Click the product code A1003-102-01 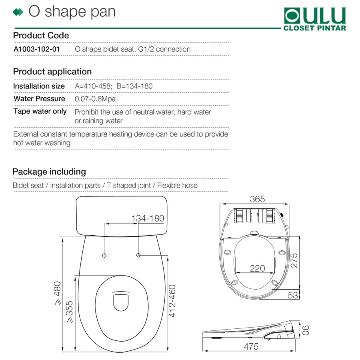pyautogui.click(x=37, y=49)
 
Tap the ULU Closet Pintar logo pyautogui.click(x=315, y=19)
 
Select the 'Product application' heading pyautogui.click(x=52, y=72)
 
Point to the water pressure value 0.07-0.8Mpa pyautogui.click(x=95, y=99)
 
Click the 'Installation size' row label pyautogui.click(x=39, y=86)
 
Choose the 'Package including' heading pyautogui.click(x=49, y=172)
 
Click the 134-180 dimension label pyautogui.click(x=148, y=218)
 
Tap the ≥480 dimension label pyautogui.click(x=58, y=293)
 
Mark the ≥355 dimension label pyautogui.click(x=69, y=312)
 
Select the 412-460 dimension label pyautogui.click(x=172, y=301)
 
